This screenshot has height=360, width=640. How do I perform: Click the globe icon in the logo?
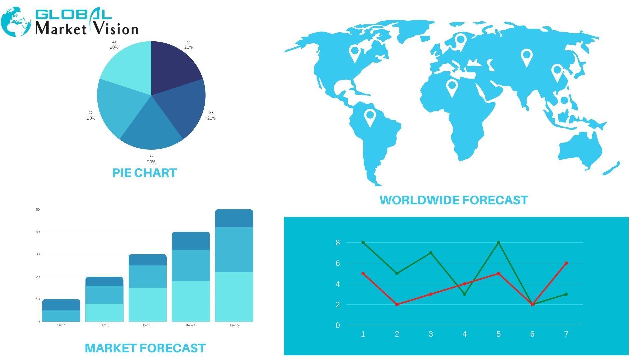pos(16,22)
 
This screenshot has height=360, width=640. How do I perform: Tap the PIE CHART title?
pos(145,173)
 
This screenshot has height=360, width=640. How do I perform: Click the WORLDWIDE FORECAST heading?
pos(454,200)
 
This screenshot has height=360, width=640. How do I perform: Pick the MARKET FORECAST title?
pos(145,348)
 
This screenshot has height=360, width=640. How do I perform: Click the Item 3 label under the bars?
pos(148,325)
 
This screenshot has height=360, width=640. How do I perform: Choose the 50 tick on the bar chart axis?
pos(38,210)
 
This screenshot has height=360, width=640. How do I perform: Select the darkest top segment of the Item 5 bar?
pos(234,218)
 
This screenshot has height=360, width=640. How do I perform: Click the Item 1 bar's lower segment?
pos(61,316)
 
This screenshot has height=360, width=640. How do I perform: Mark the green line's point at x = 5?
pos(498,243)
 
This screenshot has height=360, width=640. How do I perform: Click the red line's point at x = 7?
pos(566,263)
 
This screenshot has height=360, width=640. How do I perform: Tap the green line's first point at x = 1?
pos(363,243)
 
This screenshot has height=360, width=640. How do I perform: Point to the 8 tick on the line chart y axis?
pos(338,243)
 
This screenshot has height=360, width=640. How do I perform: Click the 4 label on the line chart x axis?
pos(465,334)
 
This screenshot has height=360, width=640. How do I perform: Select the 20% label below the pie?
pos(151,162)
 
